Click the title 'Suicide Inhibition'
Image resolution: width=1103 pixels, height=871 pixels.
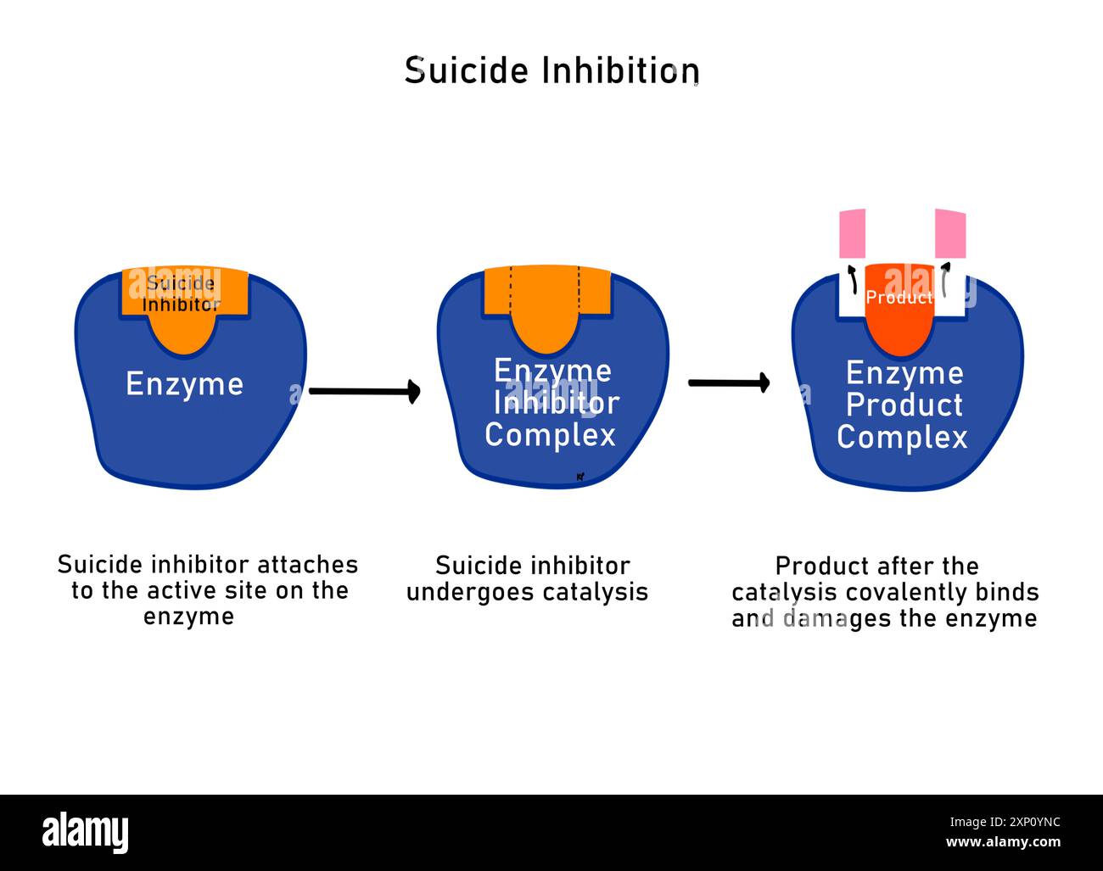(x=551, y=70)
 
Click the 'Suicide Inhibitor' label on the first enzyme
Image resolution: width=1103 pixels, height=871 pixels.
(x=181, y=293)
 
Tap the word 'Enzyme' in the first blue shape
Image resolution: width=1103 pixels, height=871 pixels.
(x=185, y=384)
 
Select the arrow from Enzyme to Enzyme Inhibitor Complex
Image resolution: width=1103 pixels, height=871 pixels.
(x=364, y=391)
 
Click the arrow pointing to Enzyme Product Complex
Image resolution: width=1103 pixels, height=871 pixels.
(x=728, y=383)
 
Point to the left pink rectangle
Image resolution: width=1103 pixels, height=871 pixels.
(x=852, y=233)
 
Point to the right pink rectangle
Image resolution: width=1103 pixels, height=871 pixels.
(x=950, y=233)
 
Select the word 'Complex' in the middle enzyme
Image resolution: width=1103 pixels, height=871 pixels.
(x=550, y=435)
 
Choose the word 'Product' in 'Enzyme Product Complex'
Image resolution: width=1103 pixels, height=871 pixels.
(x=904, y=405)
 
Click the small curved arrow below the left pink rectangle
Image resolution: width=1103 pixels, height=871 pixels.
(x=851, y=279)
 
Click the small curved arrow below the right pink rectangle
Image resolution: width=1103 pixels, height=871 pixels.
(x=944, y=279)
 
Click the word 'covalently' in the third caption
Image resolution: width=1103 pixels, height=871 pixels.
(x=917, y=592)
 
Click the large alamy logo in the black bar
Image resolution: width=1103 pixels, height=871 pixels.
(x=85, y=832)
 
